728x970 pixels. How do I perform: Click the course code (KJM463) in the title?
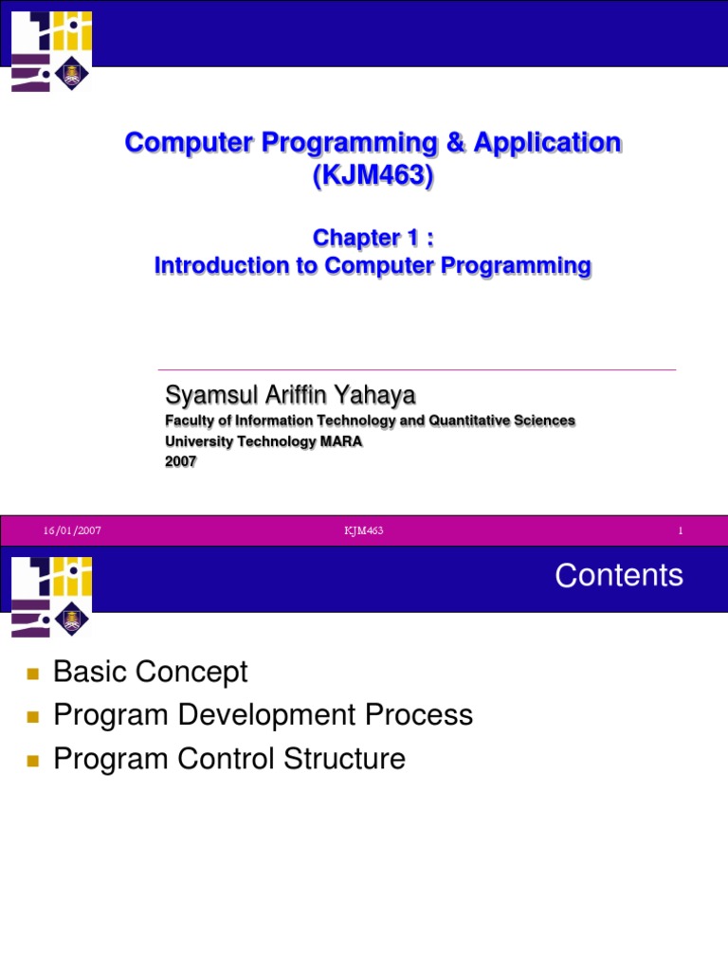point(373,174)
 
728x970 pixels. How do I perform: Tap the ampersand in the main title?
point(455,142)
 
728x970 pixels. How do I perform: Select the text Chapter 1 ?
point(373,238)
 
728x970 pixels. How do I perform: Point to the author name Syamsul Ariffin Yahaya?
point(290,395)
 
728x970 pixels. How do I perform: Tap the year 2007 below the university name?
point(181,461)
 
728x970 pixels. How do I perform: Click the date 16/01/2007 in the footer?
point(72,530)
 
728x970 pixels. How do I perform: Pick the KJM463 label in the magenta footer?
point(363,530)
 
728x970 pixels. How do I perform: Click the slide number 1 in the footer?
point(681,530)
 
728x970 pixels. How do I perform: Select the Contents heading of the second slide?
point(619,575)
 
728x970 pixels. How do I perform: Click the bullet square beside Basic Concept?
point(33,674)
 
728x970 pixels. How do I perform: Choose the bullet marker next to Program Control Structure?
point(33,761)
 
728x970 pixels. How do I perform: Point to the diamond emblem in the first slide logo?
point(72,74)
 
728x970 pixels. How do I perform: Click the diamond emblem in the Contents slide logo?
point(72,619)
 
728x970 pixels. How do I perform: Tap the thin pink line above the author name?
point(417,370)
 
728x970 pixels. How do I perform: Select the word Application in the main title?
point(547,142)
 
